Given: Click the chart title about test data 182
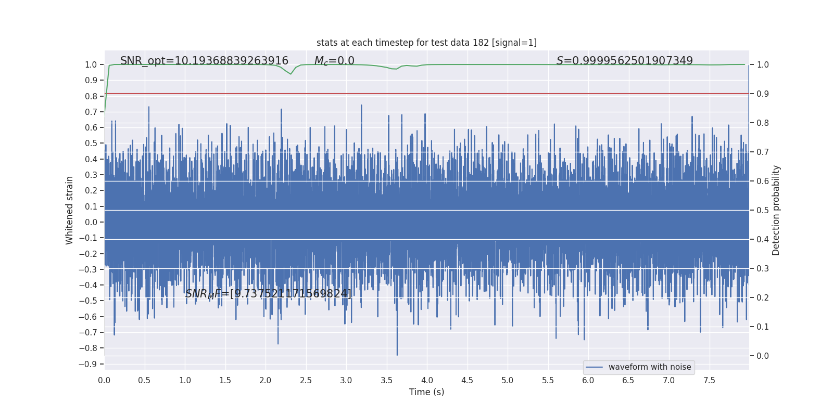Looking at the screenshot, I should point(426,43).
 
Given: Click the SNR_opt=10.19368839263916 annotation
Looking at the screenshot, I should point(204,61).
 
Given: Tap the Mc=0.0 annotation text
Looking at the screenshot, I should point(334,61).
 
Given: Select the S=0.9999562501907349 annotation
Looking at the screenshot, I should point(624,61).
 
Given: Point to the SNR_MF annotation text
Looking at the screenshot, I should point(268,294).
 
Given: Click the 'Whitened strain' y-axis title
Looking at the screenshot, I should point(70,210).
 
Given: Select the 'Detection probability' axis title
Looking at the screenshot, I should point(776,210).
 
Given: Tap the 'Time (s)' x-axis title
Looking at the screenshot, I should point(426,392).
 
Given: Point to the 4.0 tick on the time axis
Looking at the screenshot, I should point(427,381).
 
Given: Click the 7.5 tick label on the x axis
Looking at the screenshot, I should point(709,381).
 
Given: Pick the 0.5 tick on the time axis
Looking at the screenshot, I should point(144,381).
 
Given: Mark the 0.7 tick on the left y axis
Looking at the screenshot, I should point(91,112).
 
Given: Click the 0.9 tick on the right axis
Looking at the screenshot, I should point(763,94).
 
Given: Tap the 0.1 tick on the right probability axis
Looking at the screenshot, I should point(763,327).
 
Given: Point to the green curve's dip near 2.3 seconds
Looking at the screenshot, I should point(291,74).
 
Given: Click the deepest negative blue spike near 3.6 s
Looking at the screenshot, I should point(397,355).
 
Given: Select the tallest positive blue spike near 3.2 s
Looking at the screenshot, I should point(361,106).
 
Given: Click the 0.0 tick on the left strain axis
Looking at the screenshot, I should point(91,222).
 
